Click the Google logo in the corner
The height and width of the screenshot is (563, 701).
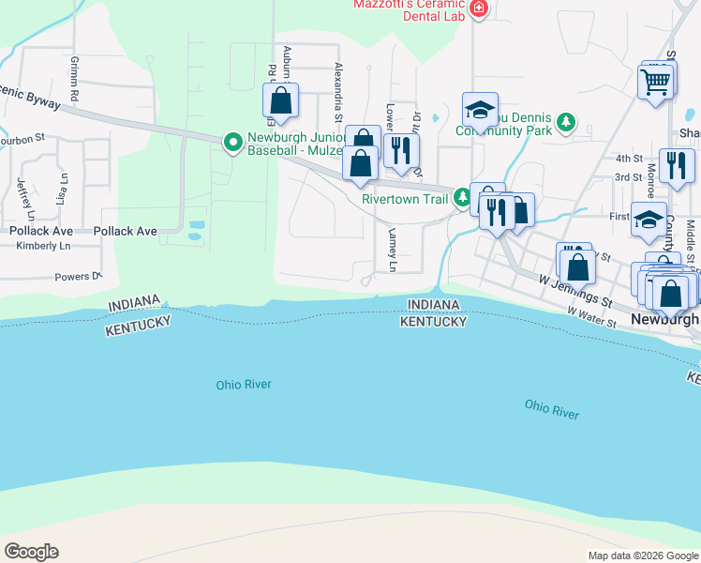[31, 552]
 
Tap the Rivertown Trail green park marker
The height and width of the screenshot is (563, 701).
[462, 198]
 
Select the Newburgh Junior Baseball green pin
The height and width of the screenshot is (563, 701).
[232, 143]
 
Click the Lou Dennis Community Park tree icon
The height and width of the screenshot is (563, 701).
[565, 122]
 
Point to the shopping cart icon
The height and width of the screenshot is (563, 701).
[655, 82]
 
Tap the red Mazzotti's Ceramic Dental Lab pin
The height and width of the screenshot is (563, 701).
[479, 8]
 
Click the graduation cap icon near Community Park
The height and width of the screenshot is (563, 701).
[480, 111]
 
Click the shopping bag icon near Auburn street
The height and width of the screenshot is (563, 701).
[280, 100]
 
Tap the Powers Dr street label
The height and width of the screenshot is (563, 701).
[77, 277]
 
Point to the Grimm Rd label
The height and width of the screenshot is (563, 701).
[73, 70]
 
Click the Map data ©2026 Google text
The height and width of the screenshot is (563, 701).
[642, 555]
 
